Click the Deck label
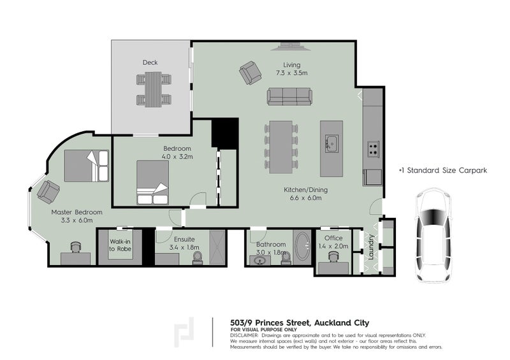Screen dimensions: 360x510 (x=150, y=62)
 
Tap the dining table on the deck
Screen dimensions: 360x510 (x=153, y=89)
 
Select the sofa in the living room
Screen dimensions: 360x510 (x=289, y=96)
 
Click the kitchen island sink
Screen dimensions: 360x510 (x=331, y=143)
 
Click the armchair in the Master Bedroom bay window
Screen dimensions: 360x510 (x=48, y=191)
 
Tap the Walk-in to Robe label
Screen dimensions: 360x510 (x=120, y=245)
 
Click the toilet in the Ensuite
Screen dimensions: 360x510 (x=197, y=257)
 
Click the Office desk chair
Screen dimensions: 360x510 (x=333, y=257)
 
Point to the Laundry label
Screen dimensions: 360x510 (x=368, y=247)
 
